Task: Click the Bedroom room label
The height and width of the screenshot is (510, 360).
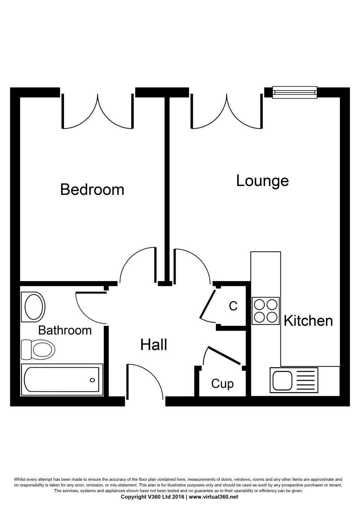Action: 92,189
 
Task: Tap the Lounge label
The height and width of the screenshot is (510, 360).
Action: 263,181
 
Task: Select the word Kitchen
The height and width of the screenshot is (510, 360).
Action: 308,321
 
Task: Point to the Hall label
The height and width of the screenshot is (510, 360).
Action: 153,344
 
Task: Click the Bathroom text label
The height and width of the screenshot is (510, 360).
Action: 65,330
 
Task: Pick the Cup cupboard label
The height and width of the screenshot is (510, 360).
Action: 222,384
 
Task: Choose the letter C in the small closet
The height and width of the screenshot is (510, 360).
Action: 233,306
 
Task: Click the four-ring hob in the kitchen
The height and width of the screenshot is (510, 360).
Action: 266,311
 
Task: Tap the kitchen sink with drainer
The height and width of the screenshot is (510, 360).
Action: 294,380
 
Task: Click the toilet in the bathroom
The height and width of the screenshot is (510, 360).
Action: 38,349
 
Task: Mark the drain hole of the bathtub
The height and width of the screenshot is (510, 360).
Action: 93,380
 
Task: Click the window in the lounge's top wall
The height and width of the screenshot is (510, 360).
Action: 295,92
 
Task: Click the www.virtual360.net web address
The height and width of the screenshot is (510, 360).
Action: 214,497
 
